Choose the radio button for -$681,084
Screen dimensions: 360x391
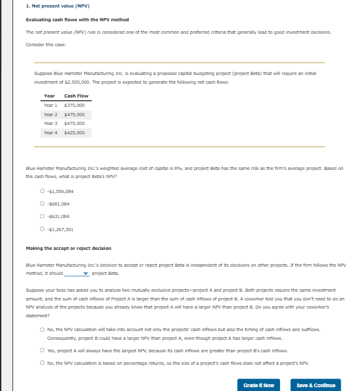(x=42, y=204)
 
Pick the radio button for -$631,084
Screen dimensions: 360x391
(x=42, y=216)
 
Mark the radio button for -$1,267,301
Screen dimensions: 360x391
(x=42, y=228)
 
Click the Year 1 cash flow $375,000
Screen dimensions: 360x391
(x=74, y=106)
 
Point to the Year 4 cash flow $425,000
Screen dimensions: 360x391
(x=74, y=133)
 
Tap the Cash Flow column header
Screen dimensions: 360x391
(x=77, y=96)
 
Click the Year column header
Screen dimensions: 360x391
(x=49, y=96)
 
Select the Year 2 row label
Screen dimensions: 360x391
(x=51, y=115)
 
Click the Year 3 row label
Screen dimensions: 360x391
(x=51, y=124)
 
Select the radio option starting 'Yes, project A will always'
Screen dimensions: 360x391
(x=42, y=351)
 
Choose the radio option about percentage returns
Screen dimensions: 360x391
(x=42, y=363)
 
